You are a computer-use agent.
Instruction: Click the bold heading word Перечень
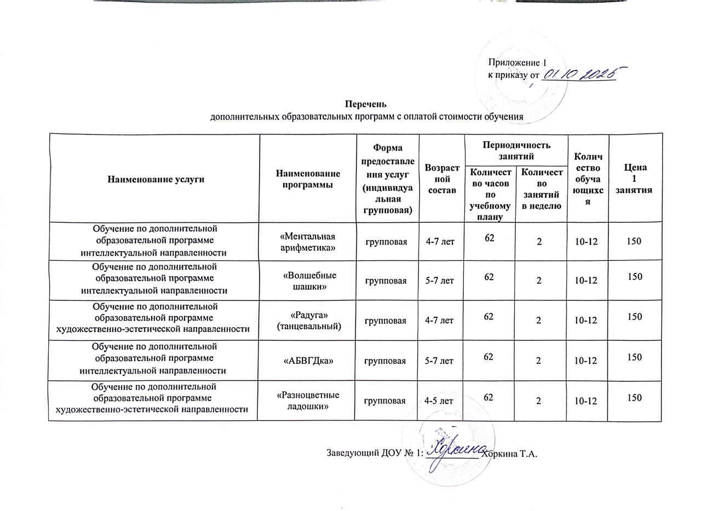click(x=366, y=104)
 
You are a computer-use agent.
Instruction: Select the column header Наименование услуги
click(x=156, y=179)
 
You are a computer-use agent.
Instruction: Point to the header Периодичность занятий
click(x=515, y=149)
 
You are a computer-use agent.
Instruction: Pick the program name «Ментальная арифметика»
click(x=307, y=242)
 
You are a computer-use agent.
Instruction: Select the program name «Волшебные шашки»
click(x=307, y=281)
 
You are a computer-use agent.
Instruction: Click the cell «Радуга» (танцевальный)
click(x=307, y=321)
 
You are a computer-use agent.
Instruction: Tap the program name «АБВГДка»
click(x=307, y=361)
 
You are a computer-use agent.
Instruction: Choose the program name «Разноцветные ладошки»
click(x=307, y=400)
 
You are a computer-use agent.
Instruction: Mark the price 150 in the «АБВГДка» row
click(x=635, y=357)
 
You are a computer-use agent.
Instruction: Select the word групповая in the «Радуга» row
click(x=386, y=321)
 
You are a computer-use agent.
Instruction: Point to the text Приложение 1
click(x=517, y=63)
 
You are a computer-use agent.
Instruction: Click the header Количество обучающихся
click(x=588, y=178)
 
